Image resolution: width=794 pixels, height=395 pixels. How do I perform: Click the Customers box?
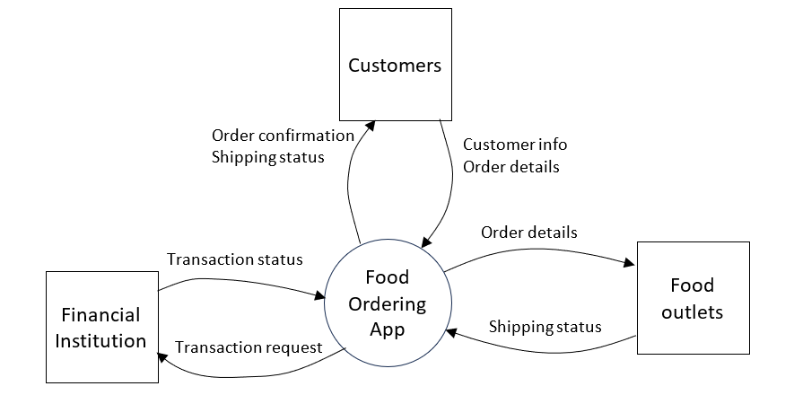click(x=395, y=65)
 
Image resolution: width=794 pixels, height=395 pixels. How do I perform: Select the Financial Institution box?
click(x=101, y=327)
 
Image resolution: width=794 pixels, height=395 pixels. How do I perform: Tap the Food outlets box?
click(x=693, y=298)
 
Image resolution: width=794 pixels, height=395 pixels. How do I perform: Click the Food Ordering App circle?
click(x=388, y=303)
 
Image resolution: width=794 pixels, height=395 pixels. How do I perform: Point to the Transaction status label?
click(x=235, y=259)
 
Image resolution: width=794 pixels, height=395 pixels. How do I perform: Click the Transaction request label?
click(x=249, y=347)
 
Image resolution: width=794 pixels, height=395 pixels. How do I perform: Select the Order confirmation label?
click(x=284, y=136)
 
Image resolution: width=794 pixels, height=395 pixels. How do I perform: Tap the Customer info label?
click(x=515, y=145)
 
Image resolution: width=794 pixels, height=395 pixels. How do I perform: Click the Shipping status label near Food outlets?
click(x=545, y=327)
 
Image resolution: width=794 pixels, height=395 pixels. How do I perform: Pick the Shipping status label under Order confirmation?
click(x=268, y=157)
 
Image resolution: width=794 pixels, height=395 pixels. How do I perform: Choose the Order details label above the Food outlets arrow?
click(x=528, y=233)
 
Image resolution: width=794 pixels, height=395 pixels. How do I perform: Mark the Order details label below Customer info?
click(x=511, y=167)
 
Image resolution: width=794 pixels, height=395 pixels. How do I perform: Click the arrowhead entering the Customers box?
click(x=371, y=125)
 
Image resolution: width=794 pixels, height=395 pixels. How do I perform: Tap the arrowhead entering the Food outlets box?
click(x=631, y=263)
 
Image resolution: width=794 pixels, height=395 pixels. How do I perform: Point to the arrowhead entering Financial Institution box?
click(x=162, y=357)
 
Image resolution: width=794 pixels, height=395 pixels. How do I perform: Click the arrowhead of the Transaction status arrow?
click(x=319, y=295)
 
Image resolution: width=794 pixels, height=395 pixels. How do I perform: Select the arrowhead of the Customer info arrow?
click(x=426, y=241)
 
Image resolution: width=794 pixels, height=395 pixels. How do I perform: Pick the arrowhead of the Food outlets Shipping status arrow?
click(x=451, y=332)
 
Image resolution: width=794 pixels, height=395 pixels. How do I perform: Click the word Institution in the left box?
click(x=100, y=340)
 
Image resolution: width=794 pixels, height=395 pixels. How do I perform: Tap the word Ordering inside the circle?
click(x=388, y=304)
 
